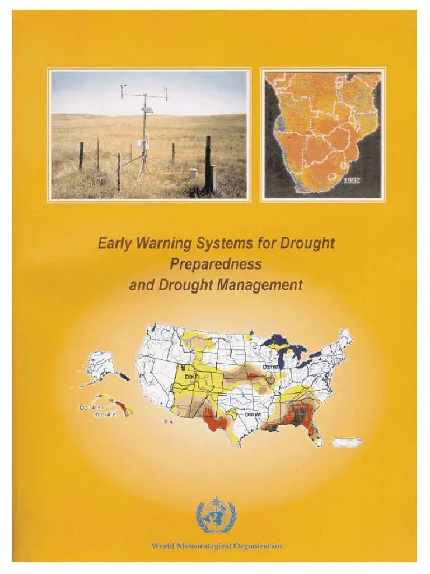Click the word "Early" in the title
click(x=112, y=244)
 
